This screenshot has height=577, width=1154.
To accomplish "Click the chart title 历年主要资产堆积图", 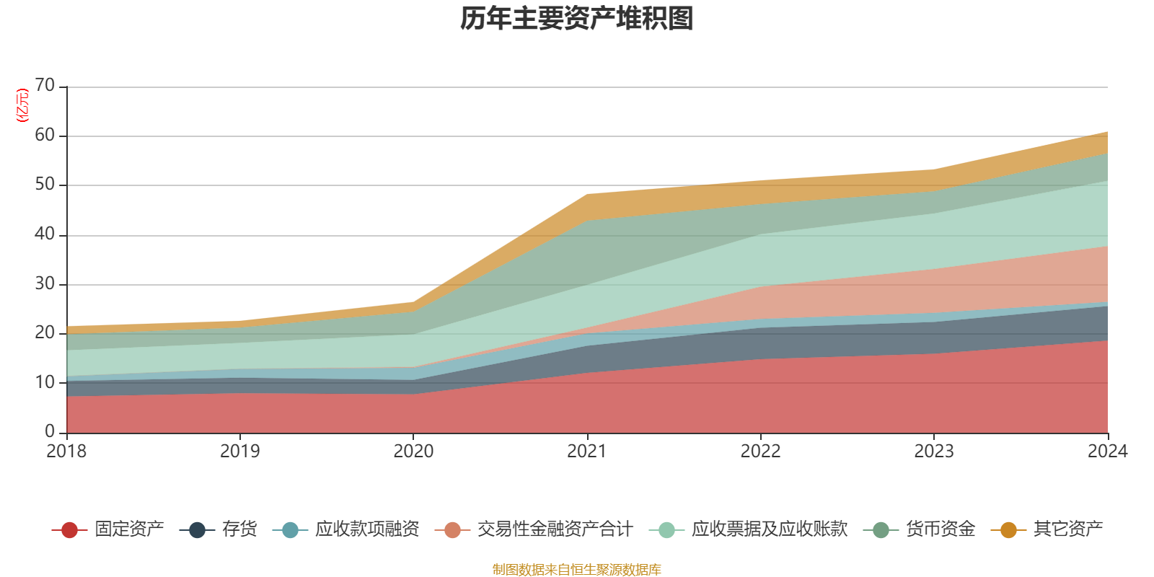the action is [576, 19].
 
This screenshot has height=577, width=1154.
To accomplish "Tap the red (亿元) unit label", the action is [22, 105].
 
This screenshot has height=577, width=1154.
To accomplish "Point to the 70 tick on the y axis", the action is [45, 85].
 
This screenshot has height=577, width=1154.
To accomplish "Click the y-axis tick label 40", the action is [45, 234].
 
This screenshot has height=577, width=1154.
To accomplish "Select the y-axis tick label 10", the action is [45, 382].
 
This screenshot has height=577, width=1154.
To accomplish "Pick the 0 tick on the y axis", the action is [50, 431].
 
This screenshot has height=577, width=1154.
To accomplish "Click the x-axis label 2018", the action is [66, 452].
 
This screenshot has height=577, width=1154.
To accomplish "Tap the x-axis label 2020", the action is [414, 452].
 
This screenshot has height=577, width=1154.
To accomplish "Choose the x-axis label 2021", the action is [587, 452].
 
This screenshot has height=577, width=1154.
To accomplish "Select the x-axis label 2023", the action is [934, 452].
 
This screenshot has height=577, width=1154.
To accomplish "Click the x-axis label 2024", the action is [1108, 452].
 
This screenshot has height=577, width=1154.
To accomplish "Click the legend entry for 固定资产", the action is [107, 529].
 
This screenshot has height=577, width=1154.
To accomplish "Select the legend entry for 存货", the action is [219, 529].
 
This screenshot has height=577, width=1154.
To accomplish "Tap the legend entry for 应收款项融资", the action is [345, 529].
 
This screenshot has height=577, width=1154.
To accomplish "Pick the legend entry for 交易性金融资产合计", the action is [534, 529].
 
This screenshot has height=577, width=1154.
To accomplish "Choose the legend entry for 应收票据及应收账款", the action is [748, 529].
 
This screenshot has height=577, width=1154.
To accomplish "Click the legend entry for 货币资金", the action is [919, 529].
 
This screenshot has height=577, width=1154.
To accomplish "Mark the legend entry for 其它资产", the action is [1047, 529].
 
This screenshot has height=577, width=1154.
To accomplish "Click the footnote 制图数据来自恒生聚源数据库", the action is [576, 569].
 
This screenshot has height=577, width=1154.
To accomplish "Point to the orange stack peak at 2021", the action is [587, 195].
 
